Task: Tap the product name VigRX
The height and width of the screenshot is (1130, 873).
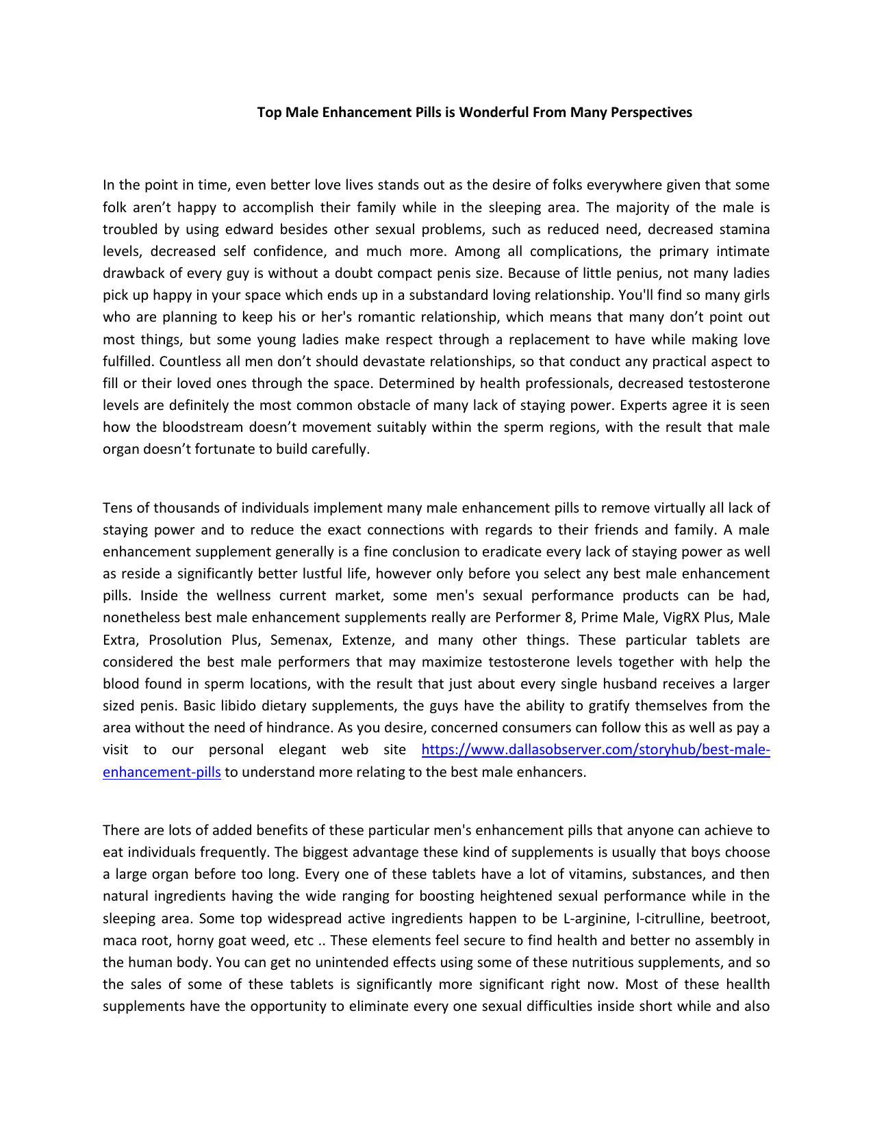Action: tap(680, 617)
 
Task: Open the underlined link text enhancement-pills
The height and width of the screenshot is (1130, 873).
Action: tap(162, 772)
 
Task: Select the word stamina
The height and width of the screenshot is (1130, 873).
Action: tap(744, 229)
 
